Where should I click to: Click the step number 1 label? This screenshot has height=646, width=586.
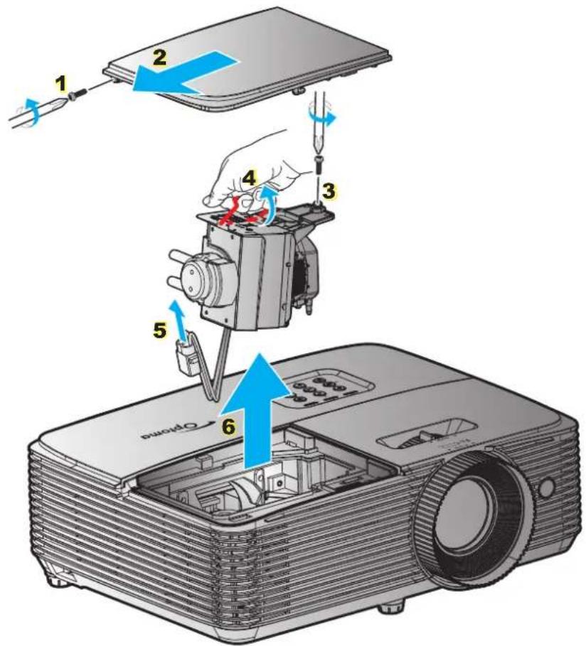coord(63,84)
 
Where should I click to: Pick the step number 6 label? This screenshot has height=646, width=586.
coord(227,425)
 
